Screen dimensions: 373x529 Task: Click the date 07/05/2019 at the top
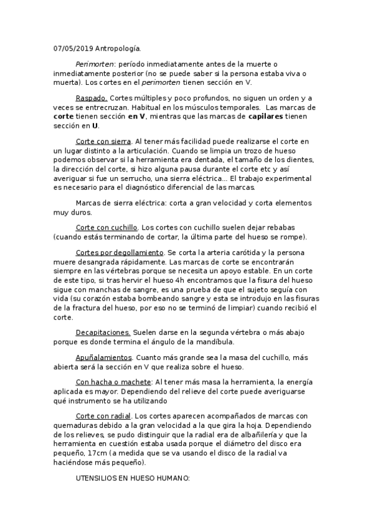click(72, 47)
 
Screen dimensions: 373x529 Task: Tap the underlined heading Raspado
click(92, 98)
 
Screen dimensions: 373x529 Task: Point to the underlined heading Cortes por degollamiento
click(120, 253)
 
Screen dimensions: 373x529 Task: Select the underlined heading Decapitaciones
click(103, 332)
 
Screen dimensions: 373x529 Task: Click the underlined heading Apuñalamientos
click(104, 357)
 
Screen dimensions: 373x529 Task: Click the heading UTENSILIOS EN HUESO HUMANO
click(132, 479)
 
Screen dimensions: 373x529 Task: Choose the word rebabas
click(294, 228)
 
